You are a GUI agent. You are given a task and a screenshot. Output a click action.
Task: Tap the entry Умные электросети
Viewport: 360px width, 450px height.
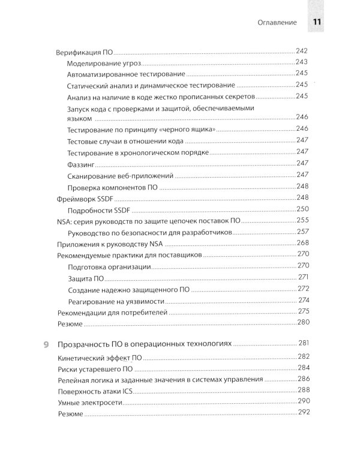91,402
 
